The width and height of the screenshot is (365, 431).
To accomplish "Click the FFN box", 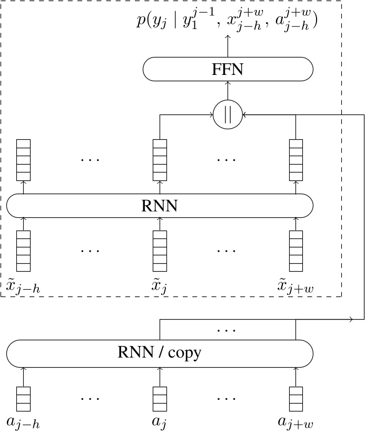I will [228, 69].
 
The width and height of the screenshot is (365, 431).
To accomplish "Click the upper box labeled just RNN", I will [160, 205].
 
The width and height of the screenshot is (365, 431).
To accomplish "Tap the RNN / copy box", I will [160, 351].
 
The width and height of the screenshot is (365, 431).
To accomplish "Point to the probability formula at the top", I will [228, 23].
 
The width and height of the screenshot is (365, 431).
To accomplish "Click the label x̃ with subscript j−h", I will [23, 287].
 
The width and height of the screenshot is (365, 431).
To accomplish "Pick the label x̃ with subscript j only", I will [160, 287].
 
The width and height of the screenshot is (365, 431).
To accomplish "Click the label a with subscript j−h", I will [23, 422].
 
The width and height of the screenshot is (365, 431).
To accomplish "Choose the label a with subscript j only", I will [160, 422].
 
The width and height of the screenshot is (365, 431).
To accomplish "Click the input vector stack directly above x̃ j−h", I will [23, 251].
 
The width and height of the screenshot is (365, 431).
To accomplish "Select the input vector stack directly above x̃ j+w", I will [295, 251].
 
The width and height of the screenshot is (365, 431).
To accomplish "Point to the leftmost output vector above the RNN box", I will [23, 160].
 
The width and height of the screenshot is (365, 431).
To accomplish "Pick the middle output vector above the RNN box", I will [160, 160].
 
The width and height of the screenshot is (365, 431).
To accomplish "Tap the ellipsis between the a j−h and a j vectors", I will [90, 397].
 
